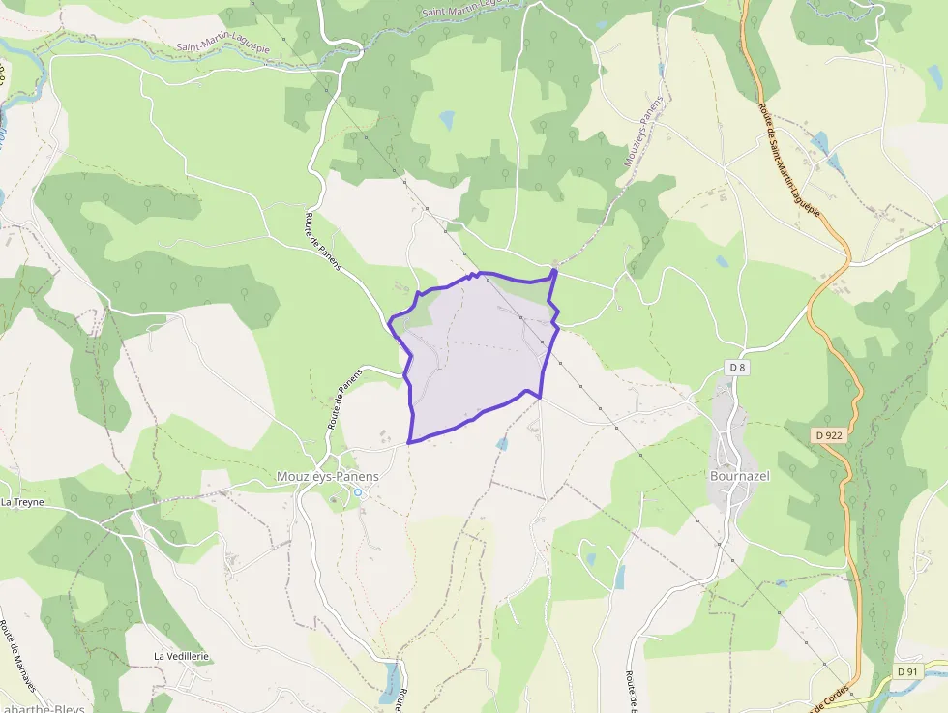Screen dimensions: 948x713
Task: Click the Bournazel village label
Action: click(x=739, y=477)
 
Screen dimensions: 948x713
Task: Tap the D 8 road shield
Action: click(x=737, y=367)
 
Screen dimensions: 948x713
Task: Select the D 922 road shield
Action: click(x=829, y=435)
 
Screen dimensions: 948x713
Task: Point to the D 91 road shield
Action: click(x=906, y=671)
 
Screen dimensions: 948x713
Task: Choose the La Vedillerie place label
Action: click(x=182, y=656)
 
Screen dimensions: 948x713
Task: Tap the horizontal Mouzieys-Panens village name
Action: click(x=328, y=477)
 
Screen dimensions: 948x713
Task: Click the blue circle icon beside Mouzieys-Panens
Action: click(x=357, y=492)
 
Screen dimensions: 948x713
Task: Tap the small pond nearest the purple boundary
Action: click(x=501, y=443)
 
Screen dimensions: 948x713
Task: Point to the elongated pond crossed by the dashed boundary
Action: click(x=391, y=681)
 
